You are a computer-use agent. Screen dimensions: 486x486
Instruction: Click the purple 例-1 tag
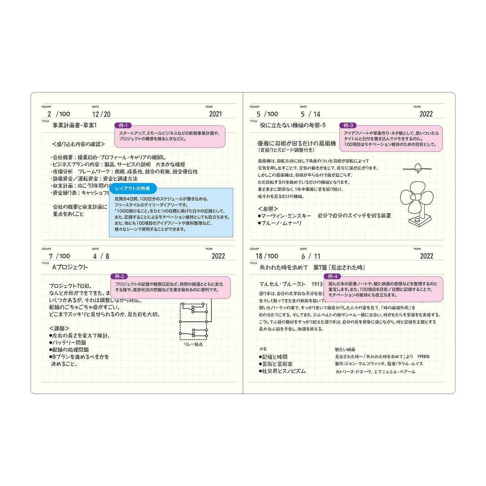[x=123, y=125]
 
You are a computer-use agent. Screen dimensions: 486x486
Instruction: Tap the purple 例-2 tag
[x=119, y=276]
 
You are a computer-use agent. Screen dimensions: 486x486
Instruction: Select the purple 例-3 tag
[x=348, y=125]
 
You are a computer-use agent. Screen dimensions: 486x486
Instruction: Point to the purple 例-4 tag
[x=332, y=276]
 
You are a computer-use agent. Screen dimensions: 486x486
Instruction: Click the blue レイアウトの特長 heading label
[x=133, y=188]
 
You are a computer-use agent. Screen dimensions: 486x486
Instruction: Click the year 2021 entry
[x=215, y=114]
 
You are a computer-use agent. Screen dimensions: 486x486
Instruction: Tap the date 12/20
[x=101, y=114]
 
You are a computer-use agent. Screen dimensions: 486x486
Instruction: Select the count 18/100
[x=267, y=256]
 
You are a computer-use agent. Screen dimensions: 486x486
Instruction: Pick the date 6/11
[x=311, y=256]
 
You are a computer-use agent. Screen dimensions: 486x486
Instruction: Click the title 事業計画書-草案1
[x=75, y=125]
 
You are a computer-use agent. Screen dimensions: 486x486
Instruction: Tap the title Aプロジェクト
[x=70, y=267]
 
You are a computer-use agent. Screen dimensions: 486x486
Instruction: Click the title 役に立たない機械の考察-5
[x=293, y=125]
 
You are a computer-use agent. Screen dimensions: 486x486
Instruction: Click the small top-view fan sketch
[x=417, y=168]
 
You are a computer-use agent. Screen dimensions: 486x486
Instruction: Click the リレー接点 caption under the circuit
[x=193, y=344]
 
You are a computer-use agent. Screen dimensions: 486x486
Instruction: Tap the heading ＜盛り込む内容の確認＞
[x=79, y=144]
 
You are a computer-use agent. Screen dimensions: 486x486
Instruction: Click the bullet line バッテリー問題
[x=68, y=343]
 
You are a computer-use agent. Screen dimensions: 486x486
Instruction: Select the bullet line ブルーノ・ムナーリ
[x=280, y=223]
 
